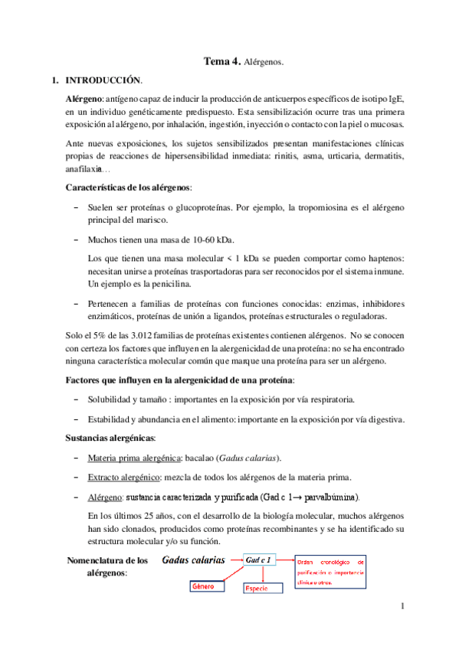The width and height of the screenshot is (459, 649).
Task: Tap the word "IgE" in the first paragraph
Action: pyautogui.click(x=396, y=99)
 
